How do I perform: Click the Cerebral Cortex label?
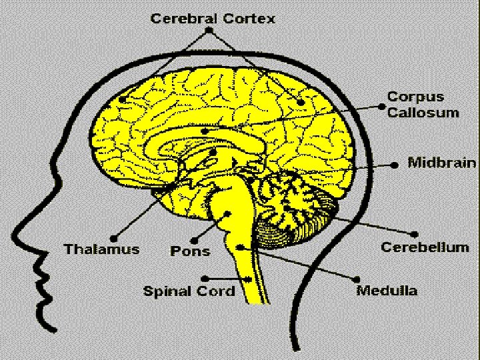[212, 18]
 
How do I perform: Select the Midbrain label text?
[441, 162]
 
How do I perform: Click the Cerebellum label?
[425, 247]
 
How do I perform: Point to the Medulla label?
[387, 290]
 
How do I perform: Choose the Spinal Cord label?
[189, 291]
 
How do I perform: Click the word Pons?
[190, 251]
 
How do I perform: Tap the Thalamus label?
[101, 249]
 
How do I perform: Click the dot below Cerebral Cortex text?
[209, 30]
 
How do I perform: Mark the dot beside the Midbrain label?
[395, 163]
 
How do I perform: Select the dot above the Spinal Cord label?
[209, 277]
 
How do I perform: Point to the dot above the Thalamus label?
[115, 237]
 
